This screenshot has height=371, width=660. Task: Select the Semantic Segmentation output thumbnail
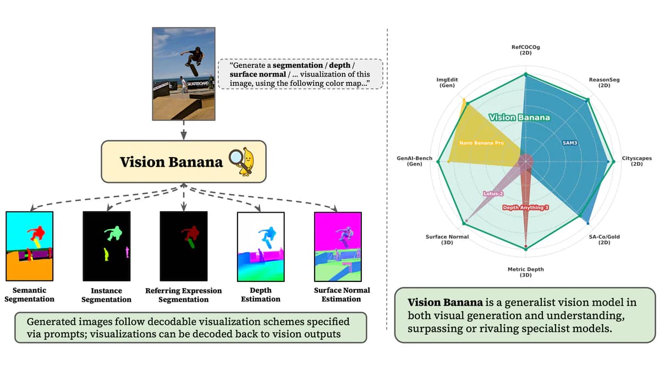pos(29,246)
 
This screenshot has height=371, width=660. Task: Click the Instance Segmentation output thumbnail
pos(106,246)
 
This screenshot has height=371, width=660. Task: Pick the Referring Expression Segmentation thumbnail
pos(183,246)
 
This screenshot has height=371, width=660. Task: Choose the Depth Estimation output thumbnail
pos(260,246)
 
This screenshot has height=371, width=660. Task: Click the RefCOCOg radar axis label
pos(525,51)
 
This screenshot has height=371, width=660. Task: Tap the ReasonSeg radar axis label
pos(604,82)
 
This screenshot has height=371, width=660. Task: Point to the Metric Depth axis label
pos(525,272)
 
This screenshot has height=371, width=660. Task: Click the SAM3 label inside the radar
pos(569,143)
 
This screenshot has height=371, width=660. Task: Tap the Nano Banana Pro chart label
pos(481,143)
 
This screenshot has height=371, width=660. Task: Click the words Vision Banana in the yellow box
pos(171,162)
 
